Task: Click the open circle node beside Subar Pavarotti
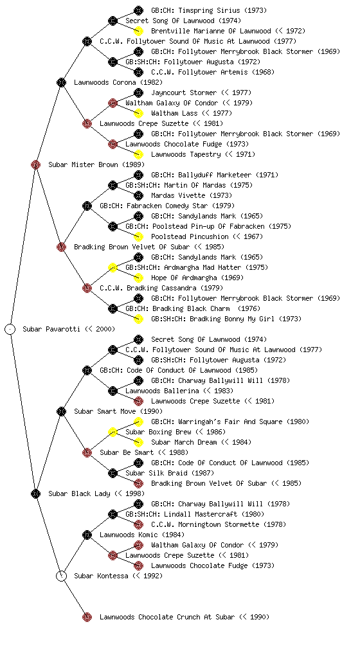10,329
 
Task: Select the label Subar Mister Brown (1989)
96,164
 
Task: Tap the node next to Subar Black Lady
35,493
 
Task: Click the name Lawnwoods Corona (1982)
118,82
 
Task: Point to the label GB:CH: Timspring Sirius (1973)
209,10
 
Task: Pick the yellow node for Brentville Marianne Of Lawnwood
138,31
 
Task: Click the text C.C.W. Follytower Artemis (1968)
213,72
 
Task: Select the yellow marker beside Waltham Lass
138,113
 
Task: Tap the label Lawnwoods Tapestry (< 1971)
203,154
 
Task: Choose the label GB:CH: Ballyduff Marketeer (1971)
215,175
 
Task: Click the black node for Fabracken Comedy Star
87,206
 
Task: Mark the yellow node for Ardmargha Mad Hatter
113,267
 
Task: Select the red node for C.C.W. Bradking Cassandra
87,288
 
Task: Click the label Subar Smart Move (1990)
118,411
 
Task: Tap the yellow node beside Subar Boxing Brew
113,432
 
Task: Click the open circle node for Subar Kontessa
61,576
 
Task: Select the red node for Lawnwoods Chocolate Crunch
87,617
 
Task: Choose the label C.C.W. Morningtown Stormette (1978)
219,524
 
